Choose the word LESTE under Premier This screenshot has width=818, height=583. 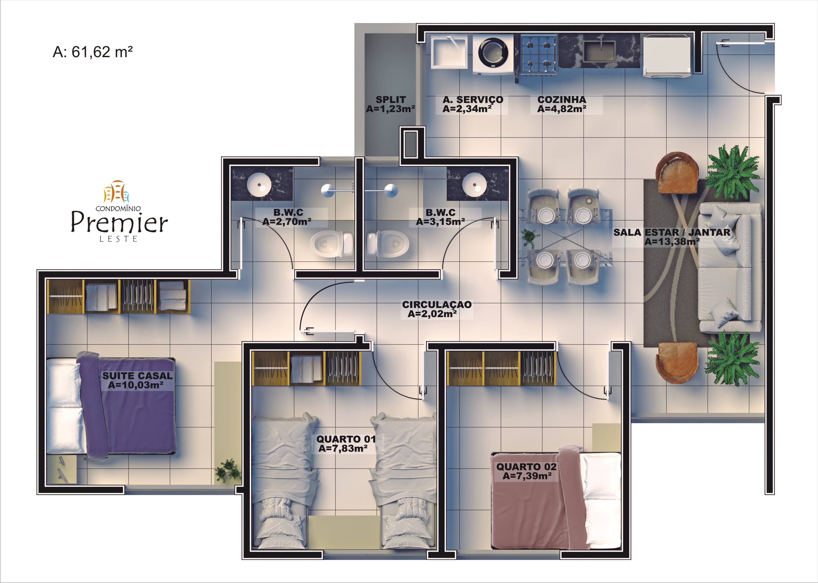click(118, 239)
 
